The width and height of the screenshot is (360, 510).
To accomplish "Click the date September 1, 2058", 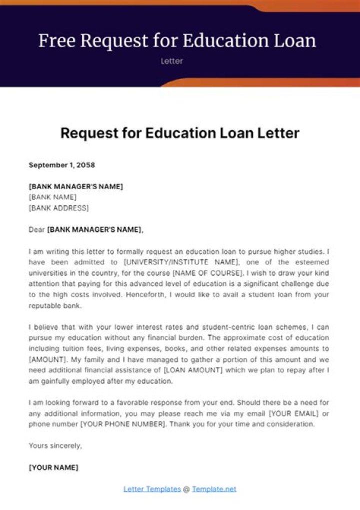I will point(61,165).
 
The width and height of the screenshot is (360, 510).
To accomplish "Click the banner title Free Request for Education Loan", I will point(177,41).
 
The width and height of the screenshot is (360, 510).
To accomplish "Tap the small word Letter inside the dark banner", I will point(172,61).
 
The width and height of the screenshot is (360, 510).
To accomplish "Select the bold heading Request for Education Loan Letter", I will point(179,133).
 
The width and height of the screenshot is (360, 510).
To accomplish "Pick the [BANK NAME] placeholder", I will point(52,197).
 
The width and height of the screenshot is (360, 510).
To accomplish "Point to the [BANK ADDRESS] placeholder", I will point(58,207).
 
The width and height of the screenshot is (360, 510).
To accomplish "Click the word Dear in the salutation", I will point(36,230).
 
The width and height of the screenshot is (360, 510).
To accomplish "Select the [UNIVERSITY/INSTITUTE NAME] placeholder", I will point(182,262).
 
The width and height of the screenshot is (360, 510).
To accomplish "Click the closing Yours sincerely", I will point(55,445).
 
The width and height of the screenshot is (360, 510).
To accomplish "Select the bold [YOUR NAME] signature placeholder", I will point(53,467).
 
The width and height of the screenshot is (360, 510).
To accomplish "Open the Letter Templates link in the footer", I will point(152,489).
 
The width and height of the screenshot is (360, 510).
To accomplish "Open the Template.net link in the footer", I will point(214,489).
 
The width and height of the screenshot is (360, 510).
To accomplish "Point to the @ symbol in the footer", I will point(186,489).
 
